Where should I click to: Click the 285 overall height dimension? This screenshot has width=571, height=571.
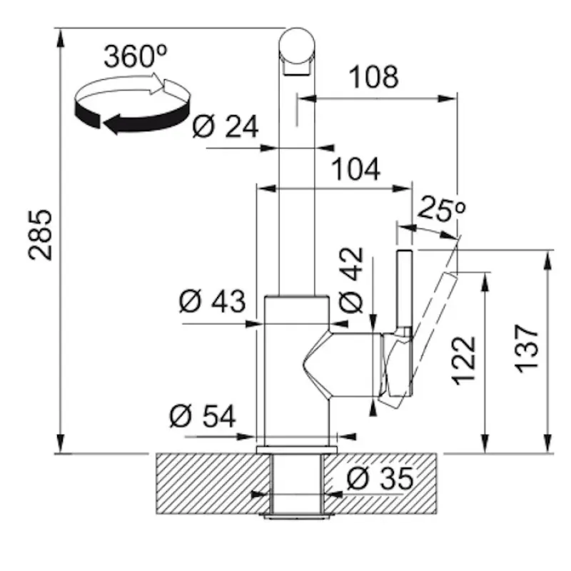coord(41,236)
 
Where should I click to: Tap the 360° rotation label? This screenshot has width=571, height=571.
coord(136,56)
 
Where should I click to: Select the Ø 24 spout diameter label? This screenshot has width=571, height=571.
coord(226,126)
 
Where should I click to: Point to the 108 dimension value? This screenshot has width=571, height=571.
coord(373,77)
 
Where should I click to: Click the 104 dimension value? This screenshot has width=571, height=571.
coord(356,169)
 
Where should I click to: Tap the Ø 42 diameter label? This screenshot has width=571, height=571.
coord(351,280)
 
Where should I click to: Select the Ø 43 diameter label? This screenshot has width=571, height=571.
coord(212,301)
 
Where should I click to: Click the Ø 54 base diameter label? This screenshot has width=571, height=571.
coord(203,416)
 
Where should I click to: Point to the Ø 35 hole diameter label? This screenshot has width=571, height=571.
coord(380,478)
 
